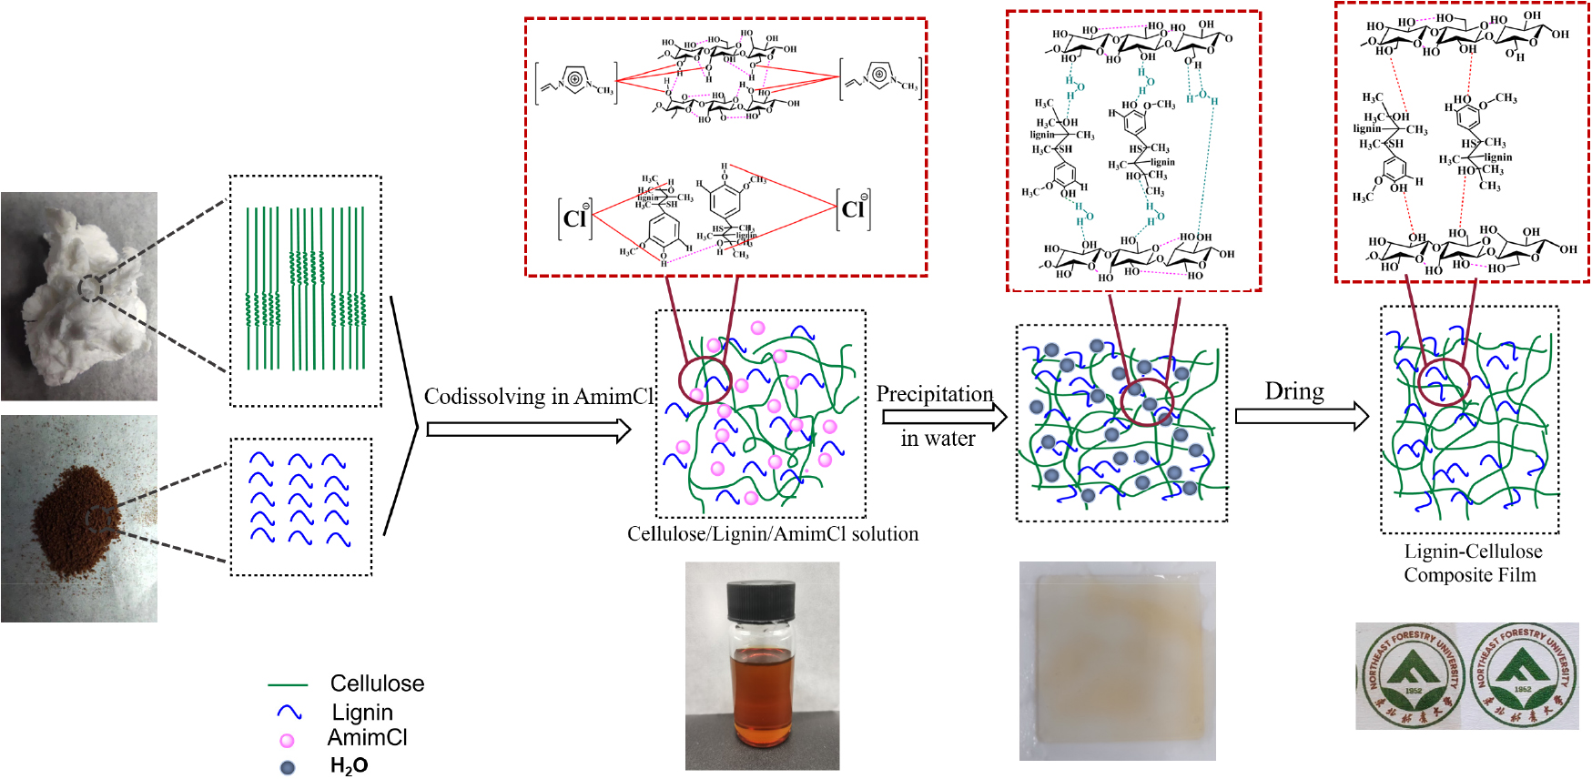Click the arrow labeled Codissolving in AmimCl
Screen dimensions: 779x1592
coord(528,429)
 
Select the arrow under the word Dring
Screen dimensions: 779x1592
coord(1302,416)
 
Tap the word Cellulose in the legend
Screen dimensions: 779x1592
coord(377,683)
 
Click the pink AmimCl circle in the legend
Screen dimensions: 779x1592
coord(287,741)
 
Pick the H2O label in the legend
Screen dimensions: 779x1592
coord(349,766)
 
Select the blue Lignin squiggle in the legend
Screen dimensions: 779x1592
coord(289,712)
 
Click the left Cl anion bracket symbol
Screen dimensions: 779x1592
coord(575,218)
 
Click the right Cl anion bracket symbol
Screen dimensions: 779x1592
coord(853,209)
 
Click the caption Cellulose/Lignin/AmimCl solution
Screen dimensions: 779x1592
coord(773,534)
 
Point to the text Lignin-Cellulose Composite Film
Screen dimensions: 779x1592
coord(1472,563)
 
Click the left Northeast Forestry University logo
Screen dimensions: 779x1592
coord(1412,675)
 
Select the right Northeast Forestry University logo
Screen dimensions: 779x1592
coord(1523,675)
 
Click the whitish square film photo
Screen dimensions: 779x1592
coord(1118,661)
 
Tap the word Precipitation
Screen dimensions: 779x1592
coord(935,394)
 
